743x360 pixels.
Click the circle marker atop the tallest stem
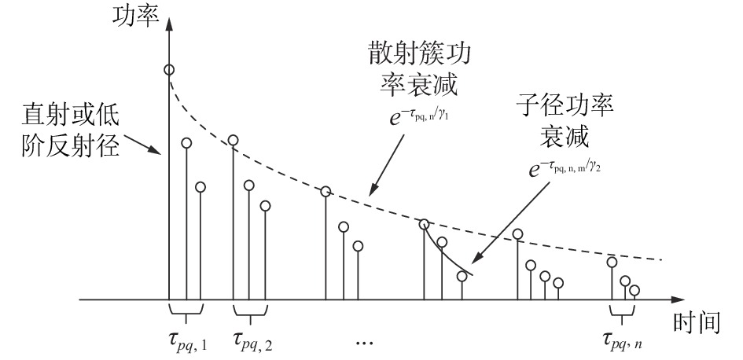coord(169,70)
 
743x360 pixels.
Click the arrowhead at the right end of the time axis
coord(676,299)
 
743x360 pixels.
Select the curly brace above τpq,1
coord(186,314)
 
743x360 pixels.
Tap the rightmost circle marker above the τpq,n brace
coord(634,290)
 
